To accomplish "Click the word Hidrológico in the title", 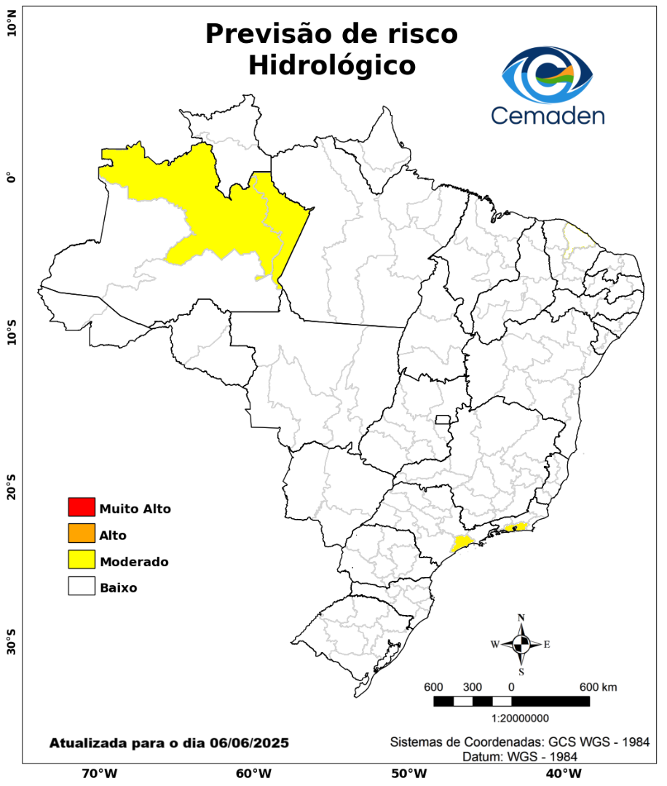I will pyautogui.click(x=332, y=65).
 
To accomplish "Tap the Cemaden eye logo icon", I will pyautogui.click(x=548, y=74).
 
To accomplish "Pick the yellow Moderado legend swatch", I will pyautogui.click(x=82, y=560).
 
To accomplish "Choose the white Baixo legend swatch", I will pyautogui.click(x=82, y=587).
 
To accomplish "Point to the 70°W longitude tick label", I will pyautogui.click(x=100, y=774).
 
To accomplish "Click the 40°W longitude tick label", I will pyautogui.click(x=562, y=774).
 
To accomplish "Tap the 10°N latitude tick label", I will pyautogui.click(x=11, y=28).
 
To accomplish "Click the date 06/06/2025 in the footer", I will pyautogui.click(x=248, y=743).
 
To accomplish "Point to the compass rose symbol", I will pyautogui.click(x=521, y=644).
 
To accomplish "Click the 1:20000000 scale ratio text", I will pyautogui.click(x=521, y=718).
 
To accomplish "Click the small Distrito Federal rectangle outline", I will pyautogui.click(x=443, y=419).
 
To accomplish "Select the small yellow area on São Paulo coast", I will pyautogui.click(x=461, y=543).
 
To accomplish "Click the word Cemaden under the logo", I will pyautogui.click(x=547, y=114).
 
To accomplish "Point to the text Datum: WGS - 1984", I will pyautogui.click(x=521, y=756).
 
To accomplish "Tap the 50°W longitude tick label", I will pyautogui.click(x=408, y=774).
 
